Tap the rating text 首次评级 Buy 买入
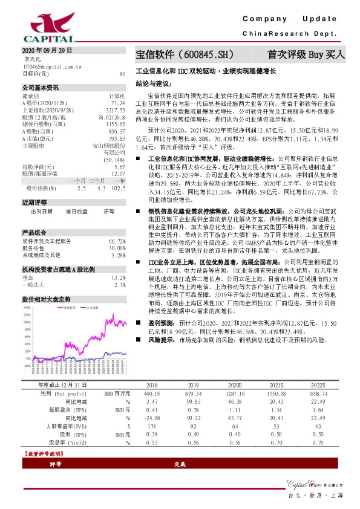pos(306,54)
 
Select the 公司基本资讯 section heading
pos(41,87)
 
